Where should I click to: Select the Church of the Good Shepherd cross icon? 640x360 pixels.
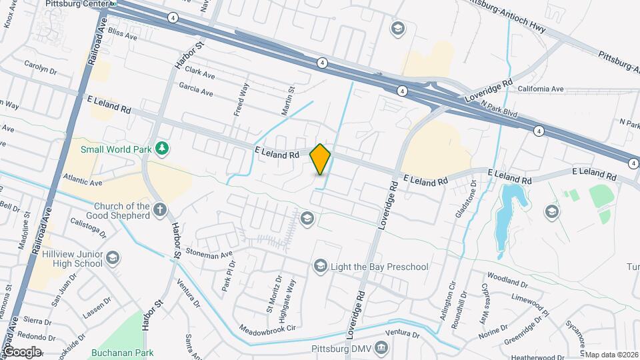tap(160, 211)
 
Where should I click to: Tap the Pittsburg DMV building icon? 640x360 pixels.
tap(381, 347)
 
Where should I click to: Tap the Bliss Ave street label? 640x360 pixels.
tap(122, 35)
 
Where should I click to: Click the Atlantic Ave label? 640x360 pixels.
tap(83, 179)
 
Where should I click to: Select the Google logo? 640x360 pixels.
tap(22, 351)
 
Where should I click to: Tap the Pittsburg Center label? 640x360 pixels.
tap(76, 3)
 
